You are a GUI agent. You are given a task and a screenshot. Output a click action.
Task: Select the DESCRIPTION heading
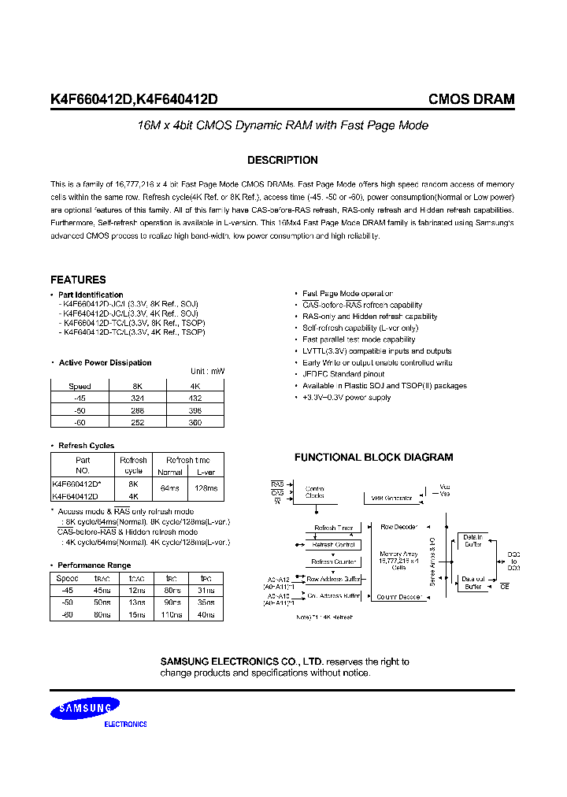pos(283,160)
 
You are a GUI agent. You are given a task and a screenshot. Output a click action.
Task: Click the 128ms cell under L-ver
pos(207,488)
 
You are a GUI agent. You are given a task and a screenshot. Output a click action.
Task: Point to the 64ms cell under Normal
pos(170,488)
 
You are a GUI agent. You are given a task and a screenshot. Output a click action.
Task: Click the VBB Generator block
pos(392,497)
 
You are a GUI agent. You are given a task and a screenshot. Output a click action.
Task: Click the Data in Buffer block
pos(473,540)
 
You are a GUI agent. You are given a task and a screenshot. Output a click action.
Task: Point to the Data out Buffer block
pos(473,582)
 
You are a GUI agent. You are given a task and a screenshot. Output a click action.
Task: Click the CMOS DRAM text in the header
pos(471,99)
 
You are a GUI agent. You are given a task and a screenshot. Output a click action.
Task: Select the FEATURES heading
pos(78,280)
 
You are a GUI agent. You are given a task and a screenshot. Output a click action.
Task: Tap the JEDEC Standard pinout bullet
pos(343,374)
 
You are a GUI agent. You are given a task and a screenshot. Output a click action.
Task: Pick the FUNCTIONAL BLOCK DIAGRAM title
pos(373,458)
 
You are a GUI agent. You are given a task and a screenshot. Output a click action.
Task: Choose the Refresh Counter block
pos(333,562)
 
